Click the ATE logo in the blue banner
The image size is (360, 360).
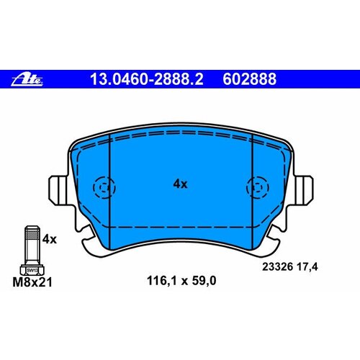coord(27,79)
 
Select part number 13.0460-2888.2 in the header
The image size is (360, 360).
coord(147,79)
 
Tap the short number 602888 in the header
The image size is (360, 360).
coord(249,79)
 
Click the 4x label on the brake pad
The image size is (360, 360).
coord(180,184)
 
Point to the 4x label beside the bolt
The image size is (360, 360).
coord(50,239)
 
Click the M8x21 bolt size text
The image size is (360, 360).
coord(32,282)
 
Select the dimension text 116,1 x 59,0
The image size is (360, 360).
coord(181,281)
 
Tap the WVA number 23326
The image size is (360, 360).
coord(278,267)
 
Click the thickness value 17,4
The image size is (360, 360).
coord(308,267)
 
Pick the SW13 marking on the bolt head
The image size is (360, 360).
coord(32,271)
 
